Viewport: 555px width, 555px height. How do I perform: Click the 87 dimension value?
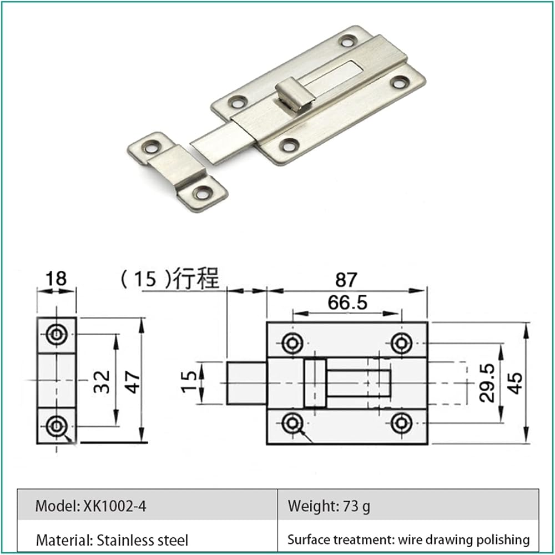(346, 280)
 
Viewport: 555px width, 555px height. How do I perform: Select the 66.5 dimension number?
(347, 303)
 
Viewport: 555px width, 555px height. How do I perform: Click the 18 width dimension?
(56, 278)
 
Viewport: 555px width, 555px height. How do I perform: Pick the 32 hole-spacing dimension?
(102, 382)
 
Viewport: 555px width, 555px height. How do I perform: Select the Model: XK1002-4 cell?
(148, 505)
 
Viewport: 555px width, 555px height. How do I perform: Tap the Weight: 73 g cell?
(408, 505)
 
